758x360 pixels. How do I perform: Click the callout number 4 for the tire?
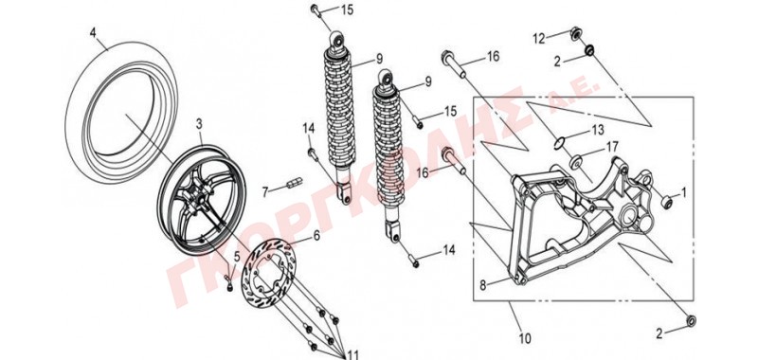[93, 33]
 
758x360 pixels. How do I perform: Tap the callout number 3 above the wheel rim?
[199, 124]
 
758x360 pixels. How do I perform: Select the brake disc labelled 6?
[271, 272]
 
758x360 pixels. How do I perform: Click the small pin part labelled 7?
[295, 182]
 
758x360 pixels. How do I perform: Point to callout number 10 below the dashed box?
[525, 338]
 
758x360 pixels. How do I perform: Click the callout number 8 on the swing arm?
[482, 285]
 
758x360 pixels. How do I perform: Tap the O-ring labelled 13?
[559, 142]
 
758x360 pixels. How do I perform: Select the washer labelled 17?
[577, 162]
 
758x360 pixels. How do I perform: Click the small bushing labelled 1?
[666, 202]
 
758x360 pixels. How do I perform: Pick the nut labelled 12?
[576, 34]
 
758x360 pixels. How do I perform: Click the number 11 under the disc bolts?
[352, 355]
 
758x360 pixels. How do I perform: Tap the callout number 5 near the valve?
[236, 257]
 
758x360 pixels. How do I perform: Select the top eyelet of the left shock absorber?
[337, 38]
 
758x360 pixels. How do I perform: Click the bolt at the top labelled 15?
[316, 9]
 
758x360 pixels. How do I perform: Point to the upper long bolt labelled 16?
[453, 63]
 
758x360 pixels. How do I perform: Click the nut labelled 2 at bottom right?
[691, 320]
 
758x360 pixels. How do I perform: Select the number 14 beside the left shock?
[309, 128]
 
